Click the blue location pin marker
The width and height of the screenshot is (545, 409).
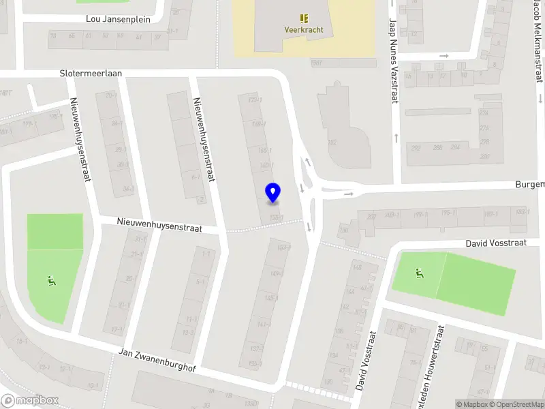[272, 193]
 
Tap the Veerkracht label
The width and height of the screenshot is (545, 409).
[304, 30]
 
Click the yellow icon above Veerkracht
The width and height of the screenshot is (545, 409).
[304, 18]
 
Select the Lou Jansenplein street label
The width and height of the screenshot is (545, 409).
[118, 19]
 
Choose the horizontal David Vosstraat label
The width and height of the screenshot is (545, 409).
[496, 243]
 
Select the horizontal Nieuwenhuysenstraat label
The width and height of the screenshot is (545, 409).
[159, 225]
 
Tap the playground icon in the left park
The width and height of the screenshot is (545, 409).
[50, 279]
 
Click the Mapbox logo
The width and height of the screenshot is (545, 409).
[30, 401]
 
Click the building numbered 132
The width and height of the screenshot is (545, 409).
[332, 142]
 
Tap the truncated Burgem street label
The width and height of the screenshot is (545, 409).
[530, 185]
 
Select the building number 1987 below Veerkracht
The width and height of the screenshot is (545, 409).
[316, 63]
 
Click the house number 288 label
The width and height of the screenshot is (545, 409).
[437, 147]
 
